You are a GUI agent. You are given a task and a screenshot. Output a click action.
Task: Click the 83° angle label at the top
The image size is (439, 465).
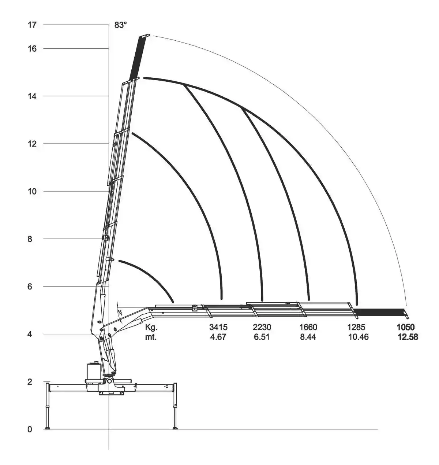tap(120, 25)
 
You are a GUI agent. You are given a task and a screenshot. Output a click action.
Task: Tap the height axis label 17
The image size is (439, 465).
tap(32, 25)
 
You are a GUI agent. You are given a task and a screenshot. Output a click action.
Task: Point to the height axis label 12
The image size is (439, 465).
tap(32, 144)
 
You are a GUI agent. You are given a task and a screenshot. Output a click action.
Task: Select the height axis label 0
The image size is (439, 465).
tap(30, 429)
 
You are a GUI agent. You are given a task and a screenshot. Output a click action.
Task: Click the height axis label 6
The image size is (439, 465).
tap(30, 287)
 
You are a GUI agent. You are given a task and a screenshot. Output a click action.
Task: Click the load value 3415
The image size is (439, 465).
tap(218, 327)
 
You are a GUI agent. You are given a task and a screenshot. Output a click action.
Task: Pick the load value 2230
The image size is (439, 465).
tap(262, 327)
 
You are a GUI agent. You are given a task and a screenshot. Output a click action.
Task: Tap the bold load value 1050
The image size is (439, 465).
tap(405, 327)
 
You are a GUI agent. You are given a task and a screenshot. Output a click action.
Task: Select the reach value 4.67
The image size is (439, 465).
tap(218, 337)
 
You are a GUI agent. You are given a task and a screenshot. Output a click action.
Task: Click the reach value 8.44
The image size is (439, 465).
tap(308, 337)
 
